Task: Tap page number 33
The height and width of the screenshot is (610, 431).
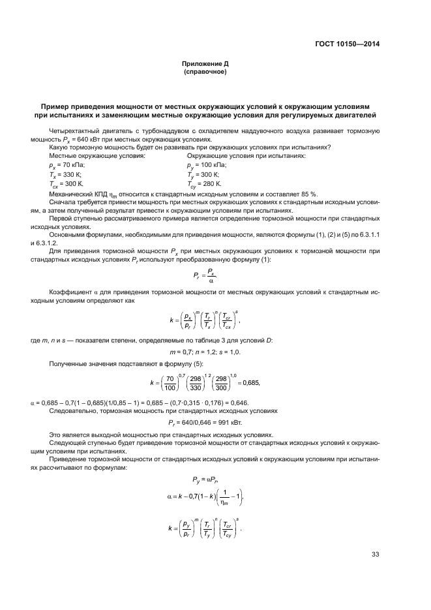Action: pos(375,555)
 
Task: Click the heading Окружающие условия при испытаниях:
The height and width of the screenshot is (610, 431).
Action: pos(246,157)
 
